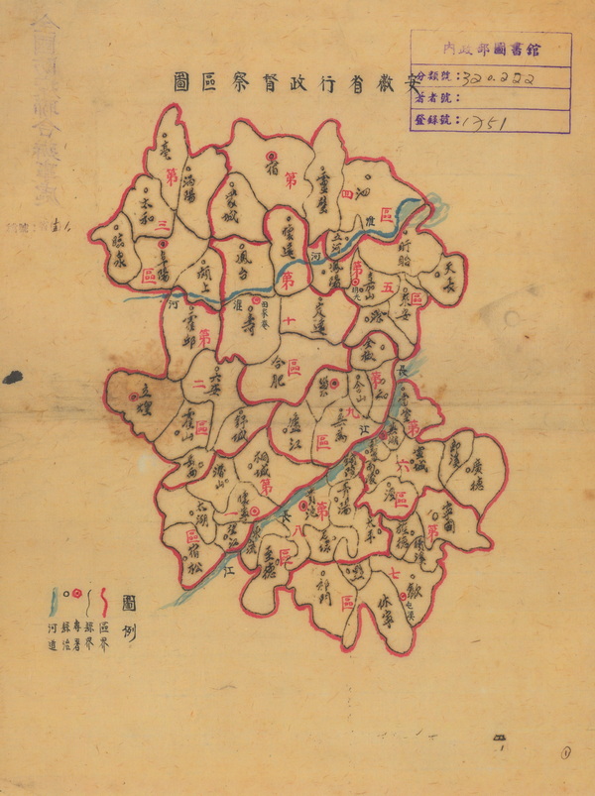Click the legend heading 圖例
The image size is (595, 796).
coord(128,615)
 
